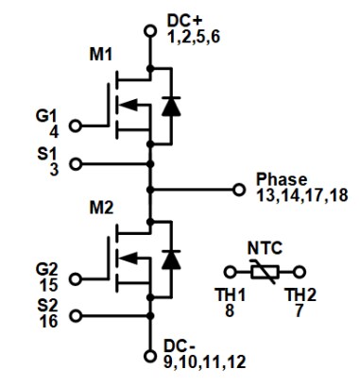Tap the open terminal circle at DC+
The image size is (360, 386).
[x=148, y=30]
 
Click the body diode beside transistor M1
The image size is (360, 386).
[x=170, y=106]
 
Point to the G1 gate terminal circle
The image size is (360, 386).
[x=76, y=125]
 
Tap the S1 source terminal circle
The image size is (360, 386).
[x=76, y=162]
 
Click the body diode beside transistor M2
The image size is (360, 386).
[x=170, y=258]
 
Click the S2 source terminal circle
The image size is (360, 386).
[x=76, y=315]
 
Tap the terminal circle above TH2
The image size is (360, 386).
[x=300, y=271]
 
